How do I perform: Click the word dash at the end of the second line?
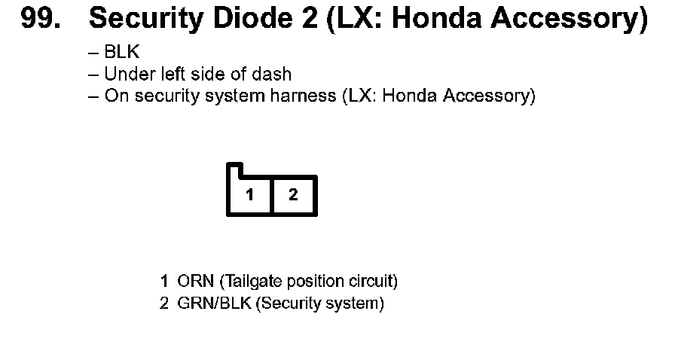pyautogui.click(x=276, y=75)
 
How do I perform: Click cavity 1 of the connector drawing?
pyautogui.click(x=249, y=196)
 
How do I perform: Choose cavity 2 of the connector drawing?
pyautogui.click(x=294, y=196)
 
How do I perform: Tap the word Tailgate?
pyautogui.click(x=252, y=282)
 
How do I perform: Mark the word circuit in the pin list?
pyautogui.click(x=370, y=282)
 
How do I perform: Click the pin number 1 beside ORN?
pyautogui.click(x=164, y=282)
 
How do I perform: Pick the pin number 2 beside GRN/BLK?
pyautogui.click(x=164, y=304)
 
